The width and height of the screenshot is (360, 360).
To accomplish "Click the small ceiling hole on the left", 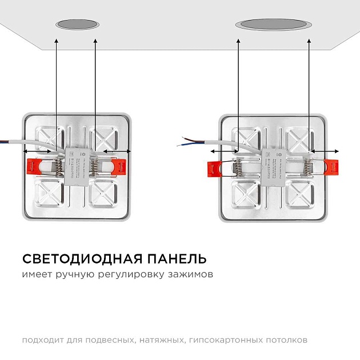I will (x=76, y=25).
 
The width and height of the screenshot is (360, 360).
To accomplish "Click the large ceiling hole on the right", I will (x=273, y=25).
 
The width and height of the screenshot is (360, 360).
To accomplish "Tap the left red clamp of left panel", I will (x=37, y=166).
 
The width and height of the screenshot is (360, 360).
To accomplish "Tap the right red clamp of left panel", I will (x=118, y=166).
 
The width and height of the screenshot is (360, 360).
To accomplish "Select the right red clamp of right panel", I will (x=332, y=167).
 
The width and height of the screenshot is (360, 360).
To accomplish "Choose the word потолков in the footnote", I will (x=288, y=340).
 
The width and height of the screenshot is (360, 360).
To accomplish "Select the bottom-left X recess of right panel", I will (x=247, y=195).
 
